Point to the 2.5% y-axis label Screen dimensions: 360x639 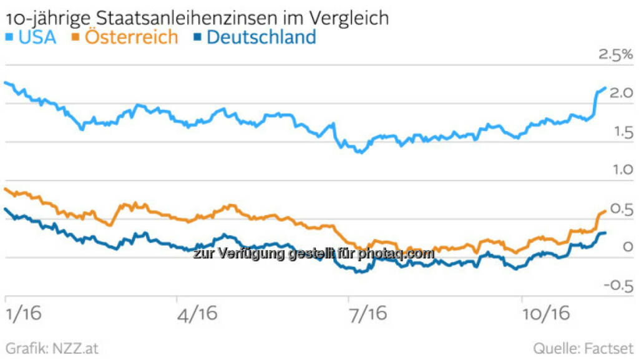tap(615, 56)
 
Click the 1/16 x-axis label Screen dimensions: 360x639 tap(23, 314)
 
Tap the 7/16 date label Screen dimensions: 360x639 tap(368, 314)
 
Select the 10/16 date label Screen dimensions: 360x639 tap(546, 314)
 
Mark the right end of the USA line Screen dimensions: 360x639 tap(604, 89)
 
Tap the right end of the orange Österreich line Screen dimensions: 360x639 tap(605, 212)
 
